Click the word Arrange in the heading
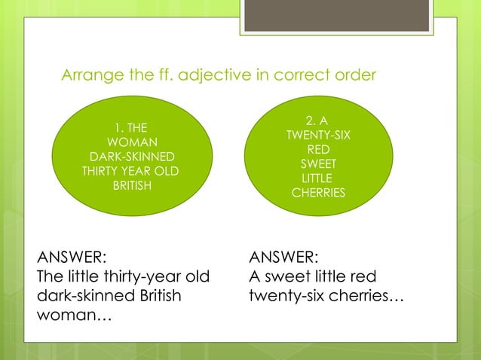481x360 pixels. [x=89, y=76]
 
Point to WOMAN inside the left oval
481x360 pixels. [x=132, y=142]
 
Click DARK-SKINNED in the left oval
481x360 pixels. [x=132, y=157]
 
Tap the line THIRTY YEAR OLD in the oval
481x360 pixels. [x=132, y=171]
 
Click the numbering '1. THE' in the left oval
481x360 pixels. [x=132, y=128]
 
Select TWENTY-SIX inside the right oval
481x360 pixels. [x=317, y=136]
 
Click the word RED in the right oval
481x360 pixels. [x=318, y=150]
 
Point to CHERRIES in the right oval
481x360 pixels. [x=318, y=193]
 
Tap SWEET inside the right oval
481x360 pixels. [x=318, y=164]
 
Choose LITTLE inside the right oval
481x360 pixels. [x=317, y=178]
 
